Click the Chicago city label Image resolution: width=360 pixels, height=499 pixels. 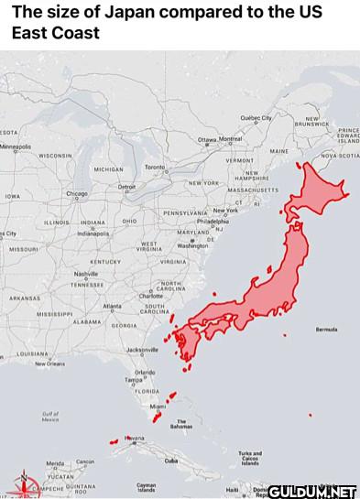[77, 193]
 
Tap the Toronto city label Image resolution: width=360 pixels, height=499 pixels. [155, 168]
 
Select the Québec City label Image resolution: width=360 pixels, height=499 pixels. [256, 118]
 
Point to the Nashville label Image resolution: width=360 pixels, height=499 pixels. [85, 274]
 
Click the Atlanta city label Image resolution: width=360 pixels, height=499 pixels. [113, 305]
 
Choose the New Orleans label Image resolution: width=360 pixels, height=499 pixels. [49, 363]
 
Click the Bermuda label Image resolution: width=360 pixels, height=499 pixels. [326, 330]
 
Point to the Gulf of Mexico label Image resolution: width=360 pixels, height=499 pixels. [50, 417]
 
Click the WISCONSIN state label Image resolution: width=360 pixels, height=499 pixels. [55, 156]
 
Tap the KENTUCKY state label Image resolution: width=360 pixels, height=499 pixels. [104, 261]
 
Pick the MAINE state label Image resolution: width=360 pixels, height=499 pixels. [278, 151]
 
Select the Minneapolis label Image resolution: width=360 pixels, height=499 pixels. [16, 146]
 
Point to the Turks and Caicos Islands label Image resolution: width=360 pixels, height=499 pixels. [249, 458]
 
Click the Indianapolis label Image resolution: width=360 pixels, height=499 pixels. [93, 233]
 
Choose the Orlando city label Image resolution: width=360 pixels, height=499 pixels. [145, 371]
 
